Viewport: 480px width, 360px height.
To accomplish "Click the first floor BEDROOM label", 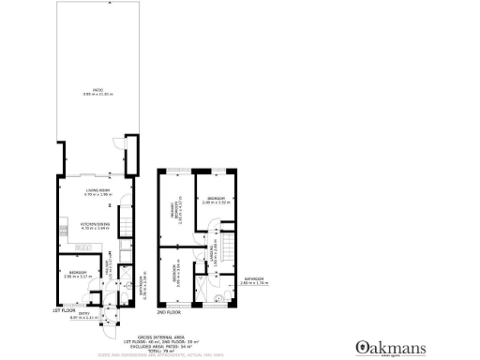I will pyautogui.click(x=74, y=273).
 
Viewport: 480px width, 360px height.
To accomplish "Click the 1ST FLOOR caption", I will pyautogui.click(x=63, y=310).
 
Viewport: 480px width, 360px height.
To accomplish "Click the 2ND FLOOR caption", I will pyautogui.click(x=168, y=310).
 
